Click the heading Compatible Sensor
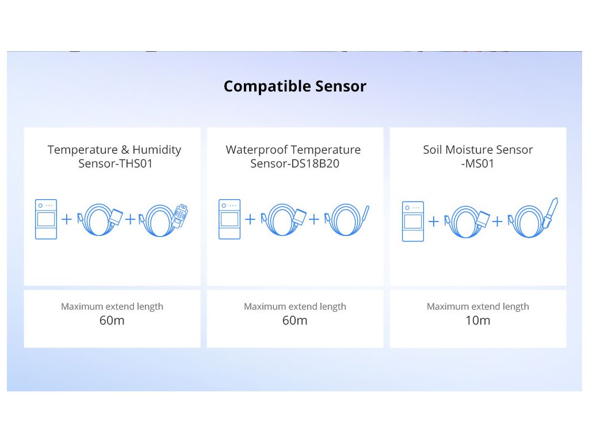point(294,86)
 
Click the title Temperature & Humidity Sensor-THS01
point(114,157)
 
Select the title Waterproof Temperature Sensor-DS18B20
point(293,157)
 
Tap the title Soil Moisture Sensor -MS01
point(477,157)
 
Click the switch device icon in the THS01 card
point(46,219)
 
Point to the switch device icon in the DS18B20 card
point(229,219)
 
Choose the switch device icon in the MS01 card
point(413,221)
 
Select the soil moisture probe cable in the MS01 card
point(533,219)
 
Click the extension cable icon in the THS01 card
point(101,219)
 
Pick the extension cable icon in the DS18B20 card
point(284,219)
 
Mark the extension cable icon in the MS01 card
point(467,220)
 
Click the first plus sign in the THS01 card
point(67,219)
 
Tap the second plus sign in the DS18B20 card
point(314,219)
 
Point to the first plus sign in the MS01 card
point(434,221)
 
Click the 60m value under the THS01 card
point(112,321)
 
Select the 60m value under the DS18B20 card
point(294,321)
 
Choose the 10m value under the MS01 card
point(477,321)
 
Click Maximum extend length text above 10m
point(477,307)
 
